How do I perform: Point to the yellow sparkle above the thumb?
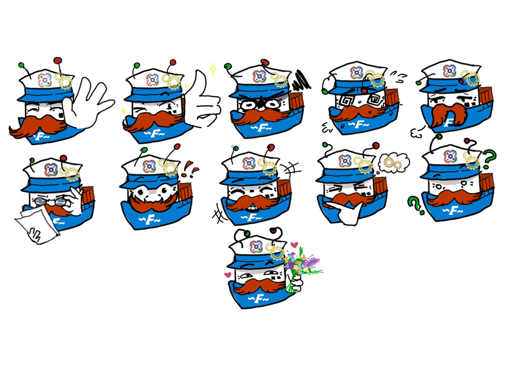click(x=213, y=69)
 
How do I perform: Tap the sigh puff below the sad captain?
click(x=417, y=132)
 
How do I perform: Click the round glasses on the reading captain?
click(x=51, y=201)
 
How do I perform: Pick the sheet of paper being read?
click(x=36, y=225)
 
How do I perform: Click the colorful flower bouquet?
click(x=302, y=269)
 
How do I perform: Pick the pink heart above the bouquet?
click(x=294, y=245)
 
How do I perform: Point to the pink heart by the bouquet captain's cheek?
click(x=228, y=275)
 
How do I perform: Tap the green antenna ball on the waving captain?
click(x=21, y=65)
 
